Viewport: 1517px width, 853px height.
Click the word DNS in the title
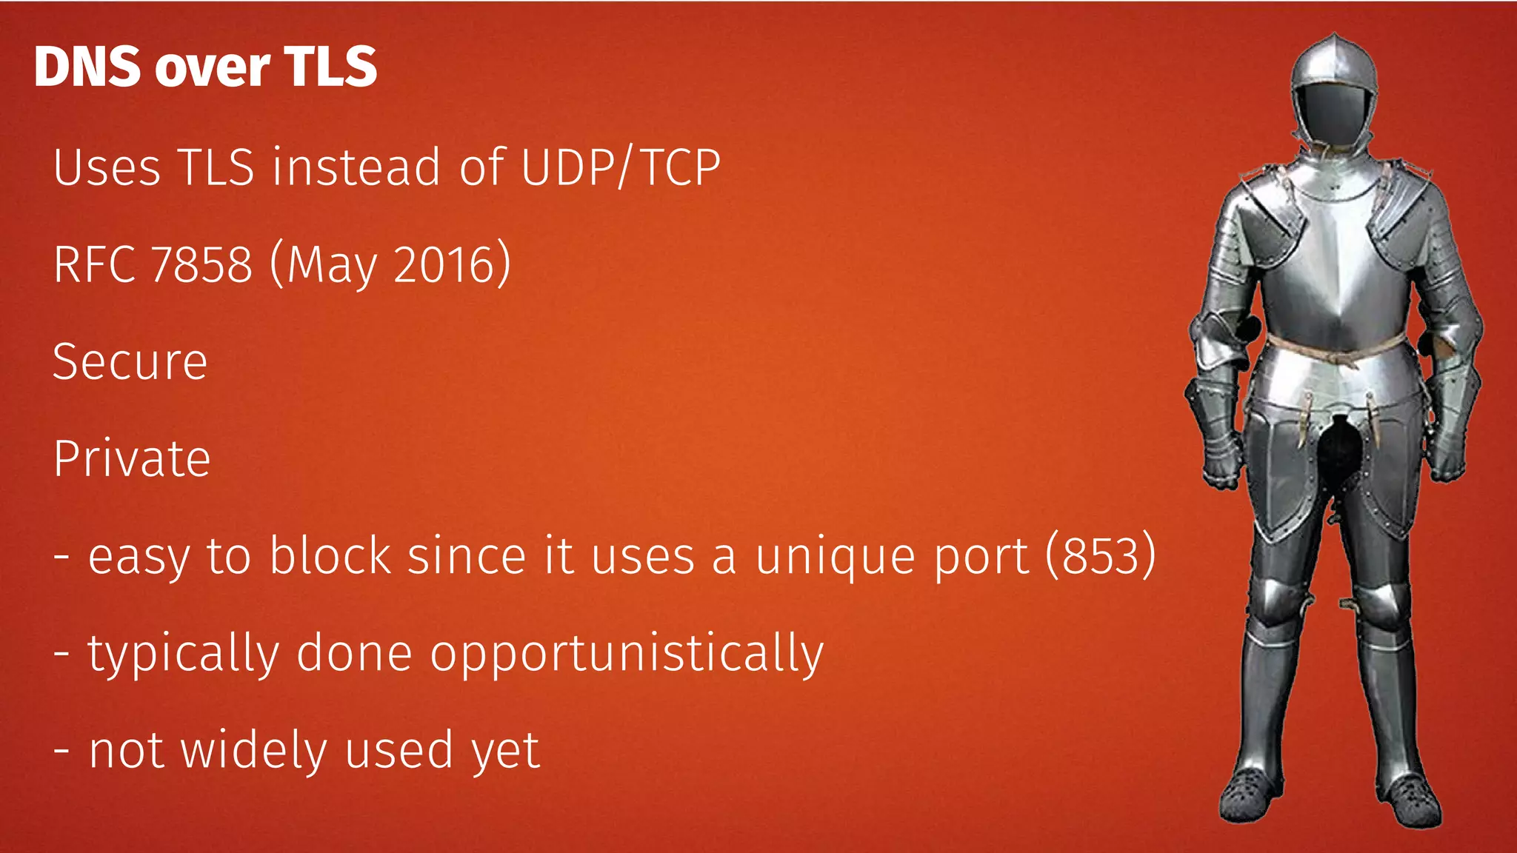click(87, 67)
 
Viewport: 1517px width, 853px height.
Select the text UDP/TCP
click(621, 167)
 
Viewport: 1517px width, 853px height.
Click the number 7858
click(201, 264)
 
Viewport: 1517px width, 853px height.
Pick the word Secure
click(130, 362)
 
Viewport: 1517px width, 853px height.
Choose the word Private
click(132, 459)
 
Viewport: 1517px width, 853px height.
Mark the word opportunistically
click(627, 655)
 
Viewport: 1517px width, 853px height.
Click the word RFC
click(94, 264)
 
